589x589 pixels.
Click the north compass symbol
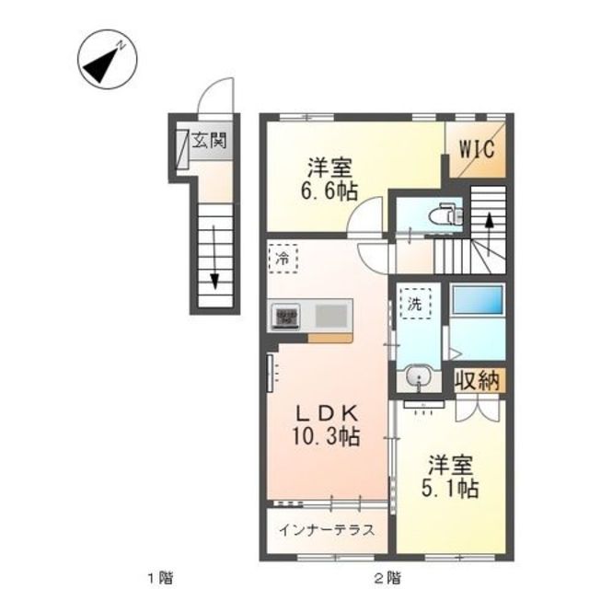(x=108, y=59)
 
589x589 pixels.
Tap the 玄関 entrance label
(x=209, y=141)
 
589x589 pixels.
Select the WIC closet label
(x=477, y=149)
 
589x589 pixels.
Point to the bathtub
(x=478, y=300)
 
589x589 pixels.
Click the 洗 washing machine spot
(x=415, y=304)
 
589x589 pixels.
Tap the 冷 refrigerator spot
(x=283, y=259)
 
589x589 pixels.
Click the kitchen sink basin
(x=331, y=316)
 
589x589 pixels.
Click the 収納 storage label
(x=477, y=381)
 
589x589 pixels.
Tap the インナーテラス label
(x=327, y=530)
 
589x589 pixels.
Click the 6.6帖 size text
(x=329, y=191)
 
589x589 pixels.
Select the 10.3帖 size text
(x=326, y=436)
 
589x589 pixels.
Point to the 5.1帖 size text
(x=450, y=489)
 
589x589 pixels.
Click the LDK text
(x=327, y=413)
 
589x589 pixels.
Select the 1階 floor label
(x=160, y=576)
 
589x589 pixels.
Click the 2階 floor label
(x=387, y=576)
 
